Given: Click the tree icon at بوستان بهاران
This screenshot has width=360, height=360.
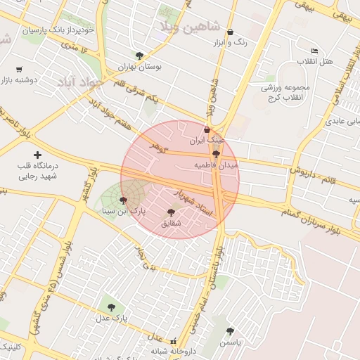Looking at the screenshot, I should click(x=139, y=56).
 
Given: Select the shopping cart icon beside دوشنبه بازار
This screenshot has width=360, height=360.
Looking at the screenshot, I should click(x=18, y=70).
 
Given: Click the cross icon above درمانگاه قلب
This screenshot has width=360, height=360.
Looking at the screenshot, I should click(x=37, y=154).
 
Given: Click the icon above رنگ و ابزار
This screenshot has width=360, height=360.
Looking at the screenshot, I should click(x=230, y=32).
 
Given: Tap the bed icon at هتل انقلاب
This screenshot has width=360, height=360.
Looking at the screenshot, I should click(x=314, y=51).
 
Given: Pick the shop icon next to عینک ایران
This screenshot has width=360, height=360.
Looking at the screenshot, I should click(x=206, y=130).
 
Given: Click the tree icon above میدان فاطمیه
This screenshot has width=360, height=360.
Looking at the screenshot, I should click(x=216, y=154).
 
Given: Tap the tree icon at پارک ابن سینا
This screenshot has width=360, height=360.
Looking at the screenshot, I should click(x=124, y=200).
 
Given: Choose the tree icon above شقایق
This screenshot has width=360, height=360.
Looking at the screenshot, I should click(x=171, y=212).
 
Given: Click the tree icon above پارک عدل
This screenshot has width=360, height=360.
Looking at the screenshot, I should click(x=111, y=307).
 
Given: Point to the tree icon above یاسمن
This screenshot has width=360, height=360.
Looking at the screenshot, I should click(x=230, y=331).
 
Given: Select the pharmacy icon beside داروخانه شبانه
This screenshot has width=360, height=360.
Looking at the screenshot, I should click(x=173, y=342).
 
